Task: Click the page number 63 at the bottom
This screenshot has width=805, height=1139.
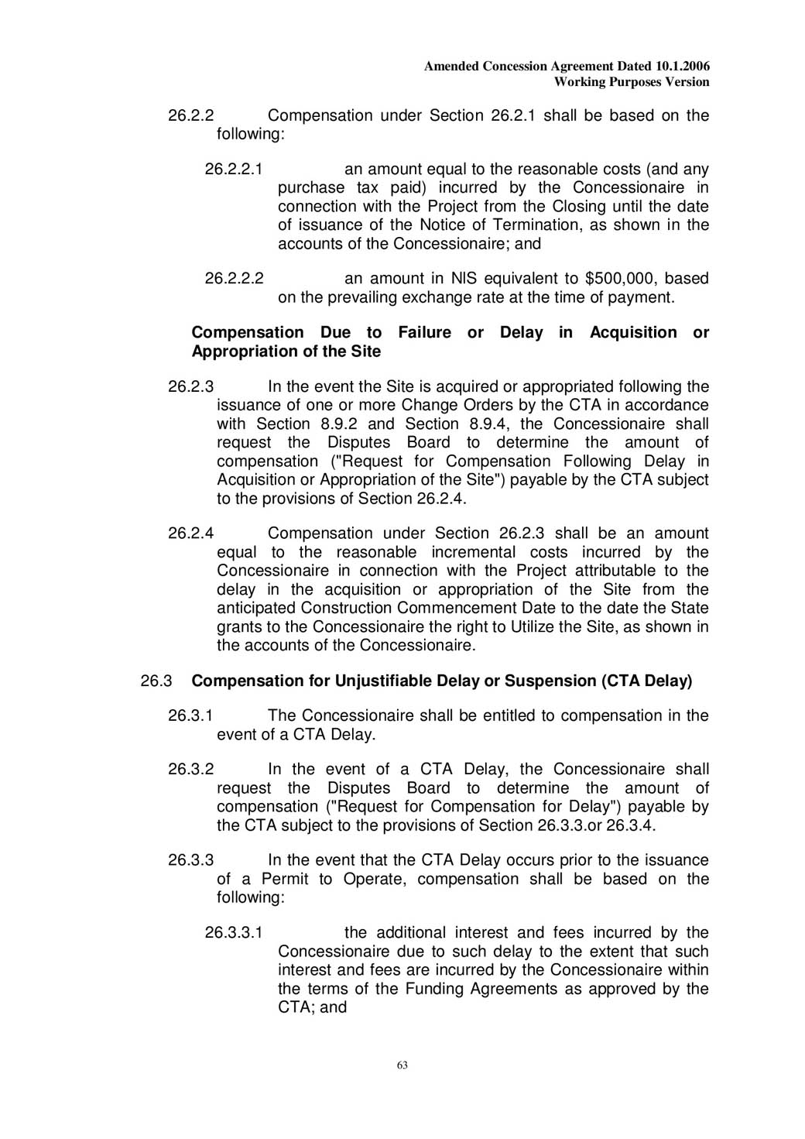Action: tap(402, 1065)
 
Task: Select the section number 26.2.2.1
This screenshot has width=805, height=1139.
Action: tap(234, 170)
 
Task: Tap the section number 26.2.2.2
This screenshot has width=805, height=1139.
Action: tap(234, 279)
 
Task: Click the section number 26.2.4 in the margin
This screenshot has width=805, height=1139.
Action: tap(190, 533)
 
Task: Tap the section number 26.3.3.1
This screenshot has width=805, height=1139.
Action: tap(234, 933)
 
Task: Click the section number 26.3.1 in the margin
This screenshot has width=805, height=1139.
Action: tap(190, 716)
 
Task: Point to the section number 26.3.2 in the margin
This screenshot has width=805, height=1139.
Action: tap(190, 770)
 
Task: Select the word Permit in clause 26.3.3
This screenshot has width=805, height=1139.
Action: tap(284, 880)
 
